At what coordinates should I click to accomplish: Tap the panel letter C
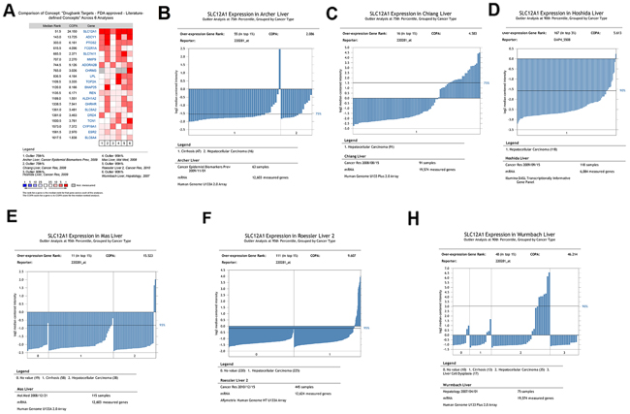pyautogui.click(x=332, y=14)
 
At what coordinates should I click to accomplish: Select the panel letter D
pyautogui.click(x=493, y=12)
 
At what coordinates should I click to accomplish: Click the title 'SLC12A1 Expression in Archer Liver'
pyautogui.click(x=240, y=16)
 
